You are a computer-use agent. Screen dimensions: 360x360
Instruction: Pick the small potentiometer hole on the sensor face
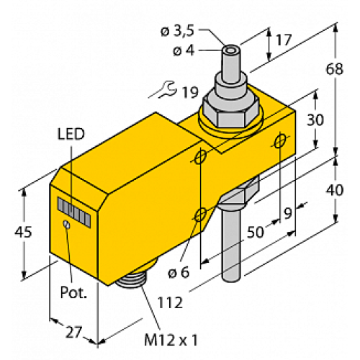tap(66, 225)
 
